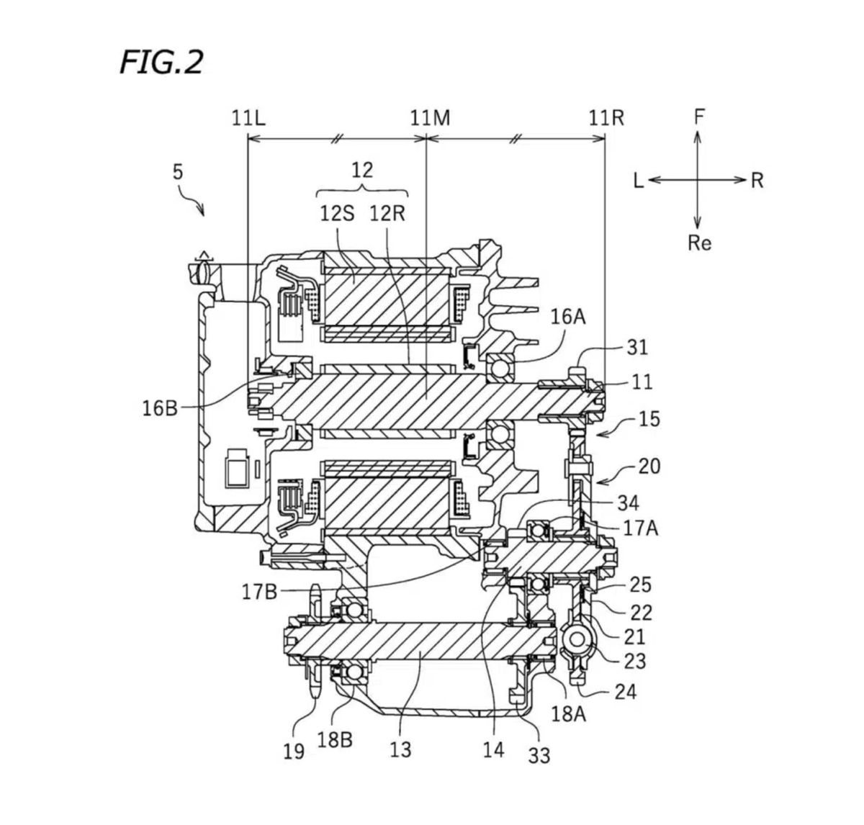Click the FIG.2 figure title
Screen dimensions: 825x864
[x=161, y=63]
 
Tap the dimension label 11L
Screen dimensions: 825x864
[x=248, y=118]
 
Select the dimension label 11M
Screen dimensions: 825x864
[x=430, y=118]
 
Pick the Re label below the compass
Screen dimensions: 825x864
[x=699, y=243]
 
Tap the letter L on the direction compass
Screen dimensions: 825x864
[x=639, y=181]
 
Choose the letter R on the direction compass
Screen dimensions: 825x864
[x=757, y=181]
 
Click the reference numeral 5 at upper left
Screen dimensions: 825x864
[x=178, y=172]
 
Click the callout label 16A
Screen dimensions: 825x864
[x=568, y=317]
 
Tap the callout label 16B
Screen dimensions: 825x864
[x=159, y=408]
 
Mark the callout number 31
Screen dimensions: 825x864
[x=637, y=348]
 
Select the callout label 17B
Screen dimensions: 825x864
[x=260, y=592]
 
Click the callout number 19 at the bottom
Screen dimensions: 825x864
[x=294, y=751]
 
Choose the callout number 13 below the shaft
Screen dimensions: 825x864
[x=400, y=749]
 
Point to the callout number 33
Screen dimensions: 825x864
[x=539, y=755]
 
